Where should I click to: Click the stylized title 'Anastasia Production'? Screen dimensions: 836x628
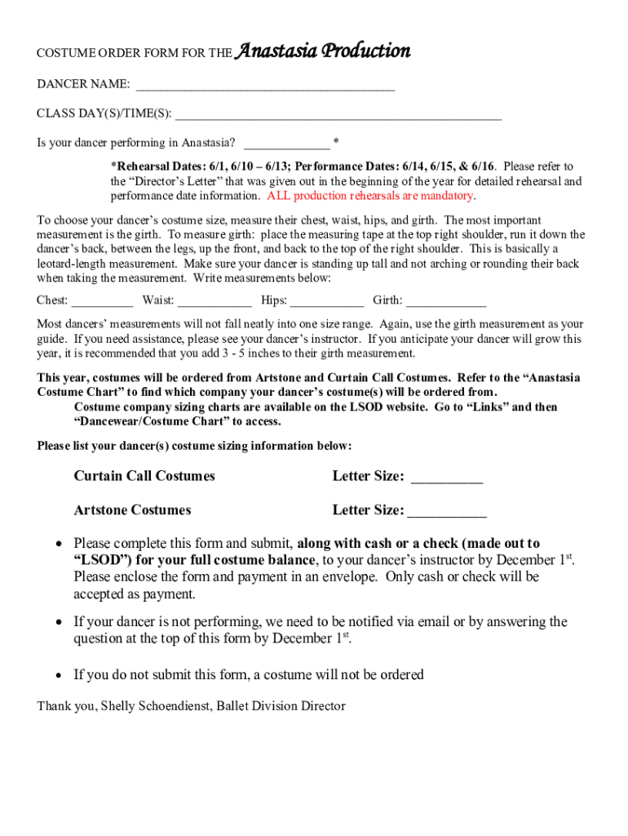pyautogui.click(x=322, y=51)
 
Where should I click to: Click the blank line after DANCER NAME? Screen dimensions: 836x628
pyautogui.click(x=265, y=86)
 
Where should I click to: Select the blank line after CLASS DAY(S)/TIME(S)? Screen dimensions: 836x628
pyautogui.click(x=338, y=115)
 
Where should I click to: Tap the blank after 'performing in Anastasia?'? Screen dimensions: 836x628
pyautogui.click(x=286, y=144)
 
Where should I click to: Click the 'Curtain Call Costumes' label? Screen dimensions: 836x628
pyautogui.click(x=144, y=476)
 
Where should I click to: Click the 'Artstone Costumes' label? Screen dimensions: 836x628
pyautogui.click(x=132, y=510)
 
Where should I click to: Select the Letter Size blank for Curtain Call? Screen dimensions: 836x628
pyautogui.click(x=446, y=478)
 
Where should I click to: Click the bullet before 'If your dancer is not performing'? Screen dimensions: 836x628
pyautogui.click(x=59, y=623)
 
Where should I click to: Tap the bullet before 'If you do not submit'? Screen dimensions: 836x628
pyautogui.click(x=59, y=675)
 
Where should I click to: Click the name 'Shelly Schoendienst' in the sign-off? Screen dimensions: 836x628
pyautogui.click(x=155, y=706)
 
